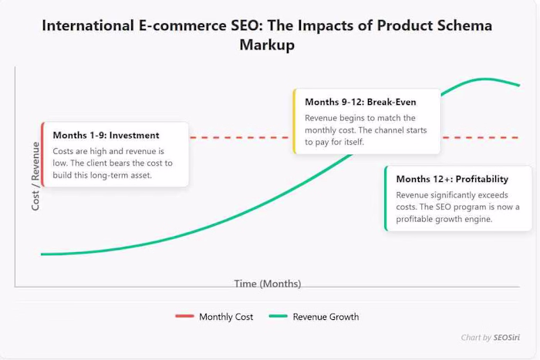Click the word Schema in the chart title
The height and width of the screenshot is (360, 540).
[461, 25]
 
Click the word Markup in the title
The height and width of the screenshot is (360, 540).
[267, 45]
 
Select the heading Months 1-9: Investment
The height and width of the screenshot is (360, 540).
[106, 135]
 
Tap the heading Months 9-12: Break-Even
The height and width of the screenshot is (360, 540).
[361, 102]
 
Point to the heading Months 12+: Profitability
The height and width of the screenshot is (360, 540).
[452, 179]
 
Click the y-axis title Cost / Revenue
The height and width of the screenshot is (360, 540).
[35, 177]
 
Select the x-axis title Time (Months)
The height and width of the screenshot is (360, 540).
[268, 284]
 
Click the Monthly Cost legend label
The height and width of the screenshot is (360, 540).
[226, 317]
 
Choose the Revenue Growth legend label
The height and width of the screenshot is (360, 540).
[326, 317]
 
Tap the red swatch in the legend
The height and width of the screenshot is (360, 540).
[184, 317]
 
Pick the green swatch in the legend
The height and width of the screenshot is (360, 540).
[278, 317]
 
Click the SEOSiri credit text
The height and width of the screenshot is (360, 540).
[511, 338]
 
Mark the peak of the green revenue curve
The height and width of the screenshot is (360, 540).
[484, 79]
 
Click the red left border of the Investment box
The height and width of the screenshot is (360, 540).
[43, 154]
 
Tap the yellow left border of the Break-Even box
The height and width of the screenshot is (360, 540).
[294, 121]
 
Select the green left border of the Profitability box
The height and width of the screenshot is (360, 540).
[385, 198]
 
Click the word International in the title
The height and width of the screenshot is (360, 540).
[89, 25]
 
